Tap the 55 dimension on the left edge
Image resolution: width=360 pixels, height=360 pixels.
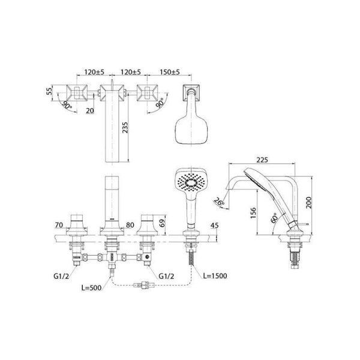(x=50, y=92)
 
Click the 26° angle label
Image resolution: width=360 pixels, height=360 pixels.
(x=220, y=203)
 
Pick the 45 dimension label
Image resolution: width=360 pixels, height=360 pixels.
(x=215, y=226)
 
